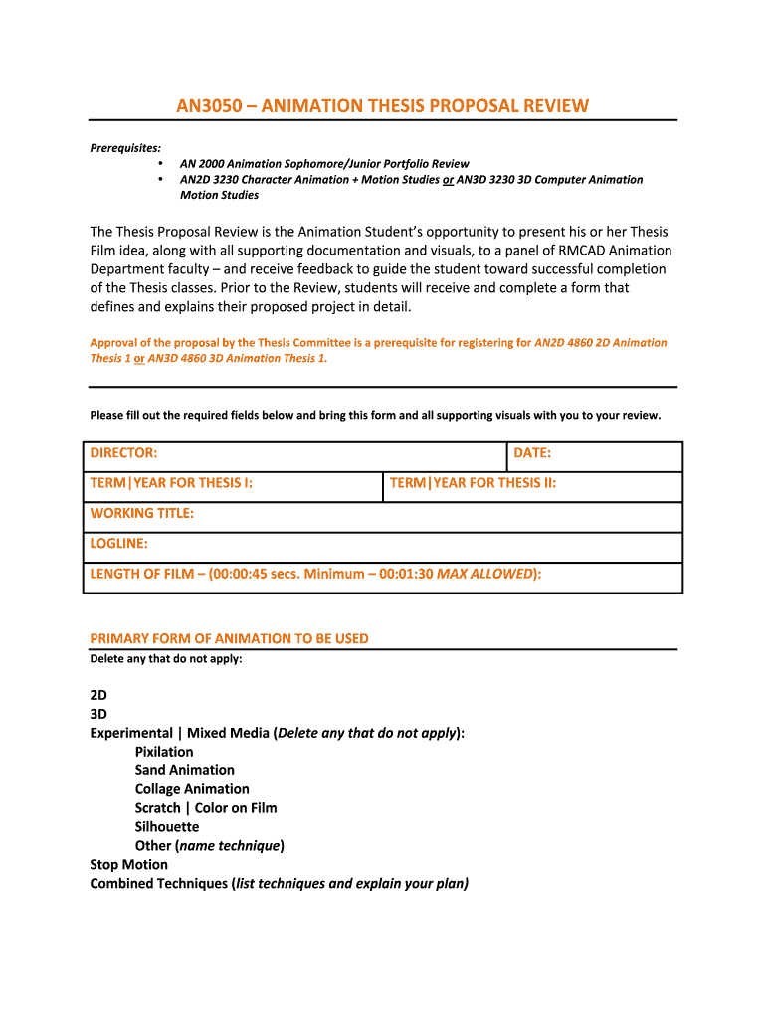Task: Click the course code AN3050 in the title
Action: click(210, 105)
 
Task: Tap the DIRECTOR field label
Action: click(123, 453)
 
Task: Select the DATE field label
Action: click(532, 453)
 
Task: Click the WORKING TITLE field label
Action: click(141, 513)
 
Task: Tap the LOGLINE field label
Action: click(118, 543)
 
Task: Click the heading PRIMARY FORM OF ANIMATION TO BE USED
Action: click(229, 638)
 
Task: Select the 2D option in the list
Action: click(98, 695)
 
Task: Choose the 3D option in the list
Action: click(98, 714)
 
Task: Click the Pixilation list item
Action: click(164, 752)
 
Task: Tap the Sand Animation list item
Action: click(185, 770)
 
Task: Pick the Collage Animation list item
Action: click(192, 789)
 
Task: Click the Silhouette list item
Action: click(167, 827)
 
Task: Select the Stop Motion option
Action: click(128, 865)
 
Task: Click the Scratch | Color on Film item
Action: click(206, 808)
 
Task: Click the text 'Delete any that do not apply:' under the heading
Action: click(166, 658)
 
